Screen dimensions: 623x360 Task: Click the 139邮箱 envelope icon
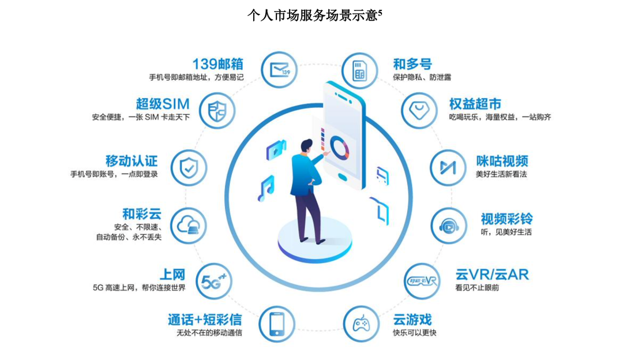(280, 70)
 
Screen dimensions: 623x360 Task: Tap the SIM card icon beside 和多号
(360, 70)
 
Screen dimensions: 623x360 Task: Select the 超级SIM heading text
(163, 104)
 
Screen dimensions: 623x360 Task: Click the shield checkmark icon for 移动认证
(189, 167)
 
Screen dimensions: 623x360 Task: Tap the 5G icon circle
(214, 281)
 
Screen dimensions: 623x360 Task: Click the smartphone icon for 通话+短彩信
(277, 324)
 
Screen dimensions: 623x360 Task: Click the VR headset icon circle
(422, 281)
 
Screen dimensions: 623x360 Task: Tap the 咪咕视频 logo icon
(448, 167)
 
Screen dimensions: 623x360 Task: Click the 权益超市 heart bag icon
(421, 110)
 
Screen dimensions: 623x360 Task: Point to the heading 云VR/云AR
(491, 273)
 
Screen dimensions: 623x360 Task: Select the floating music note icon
(266, 188)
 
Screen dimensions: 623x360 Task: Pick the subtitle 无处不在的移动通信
(209, 333)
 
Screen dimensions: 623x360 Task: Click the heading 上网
(172, 274)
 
